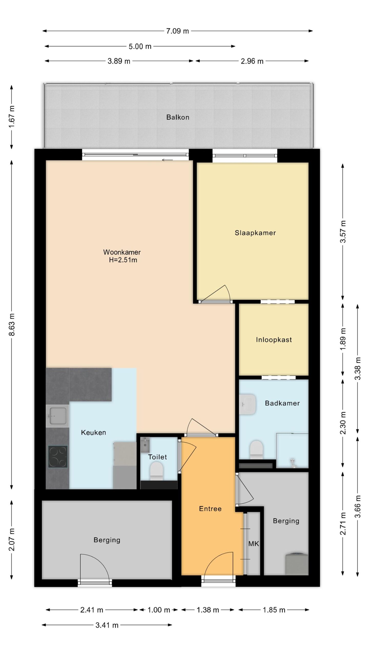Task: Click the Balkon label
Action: point(178,117)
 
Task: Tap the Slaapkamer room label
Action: point(255,233)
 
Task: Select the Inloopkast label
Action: point(274,340)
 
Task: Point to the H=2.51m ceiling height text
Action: point(123,260)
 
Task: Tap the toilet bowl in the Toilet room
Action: point(156,470)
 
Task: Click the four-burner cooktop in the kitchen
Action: point(58,457)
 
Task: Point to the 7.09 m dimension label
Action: point(177,31)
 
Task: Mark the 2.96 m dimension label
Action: point(252,61)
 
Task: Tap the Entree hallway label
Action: point(210,509)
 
